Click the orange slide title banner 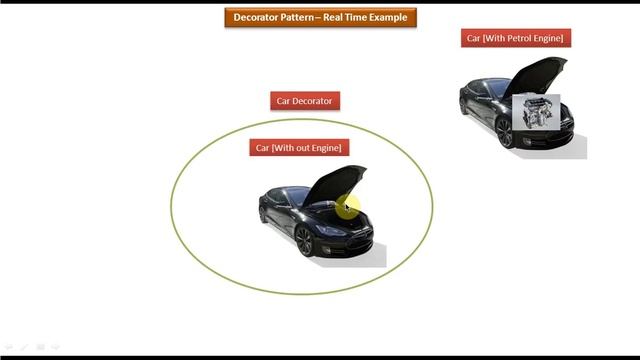pyautogui.click(x=320, y=17)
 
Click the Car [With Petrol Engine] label pyautogui.click(x=515, y=38)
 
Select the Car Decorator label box pyautogui.click(x=305, y=100)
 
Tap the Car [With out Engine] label pyautogui.click(x=299, y=147)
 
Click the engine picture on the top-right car pyautogui.click(x=535, y=112)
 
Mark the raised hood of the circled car pyautogui.click(x=335, y=182)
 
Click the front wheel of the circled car pyautogui.click(x=305, y=239)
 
